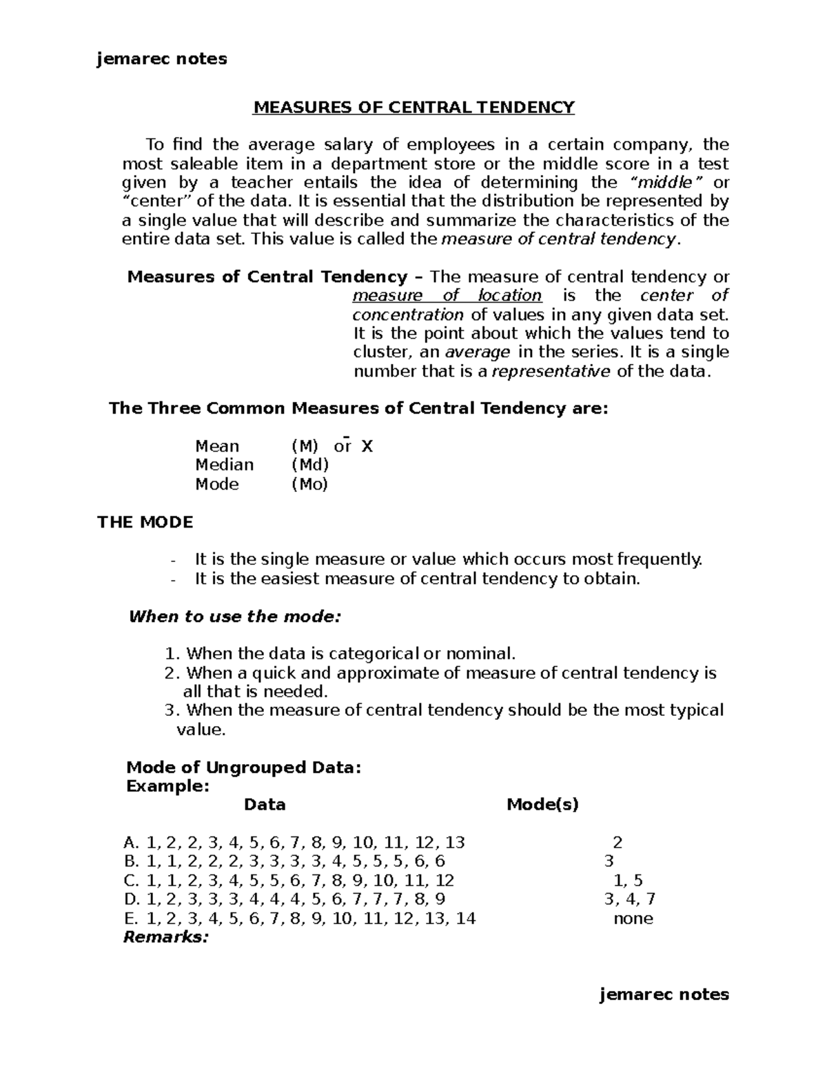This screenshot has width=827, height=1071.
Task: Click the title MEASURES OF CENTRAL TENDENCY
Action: (x=413, y=108)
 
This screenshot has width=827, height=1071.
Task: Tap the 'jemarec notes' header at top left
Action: (x=162, y=59)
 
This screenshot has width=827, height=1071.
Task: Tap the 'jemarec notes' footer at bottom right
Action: (x=664, y=994)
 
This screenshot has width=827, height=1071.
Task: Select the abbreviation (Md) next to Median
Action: (x=310, y=465)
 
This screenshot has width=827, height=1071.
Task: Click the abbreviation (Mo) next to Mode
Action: (x=309, y=484)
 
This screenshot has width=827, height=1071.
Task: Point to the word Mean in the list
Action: (x=217, y=446)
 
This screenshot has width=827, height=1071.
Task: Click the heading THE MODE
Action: (x=145, y=522)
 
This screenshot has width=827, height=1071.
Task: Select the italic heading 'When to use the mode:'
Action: (x=234, y=617)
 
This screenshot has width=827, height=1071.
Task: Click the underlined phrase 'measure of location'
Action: (x=447, y=296)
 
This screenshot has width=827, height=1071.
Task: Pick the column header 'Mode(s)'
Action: (x=542, y=804)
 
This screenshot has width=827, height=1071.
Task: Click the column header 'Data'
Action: (x=265, y=804)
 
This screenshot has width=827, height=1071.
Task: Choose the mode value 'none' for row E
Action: (x=633, y=919)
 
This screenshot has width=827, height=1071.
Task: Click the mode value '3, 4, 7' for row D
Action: (x=629, y=899)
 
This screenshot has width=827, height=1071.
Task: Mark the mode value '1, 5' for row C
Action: (x=628, y=881)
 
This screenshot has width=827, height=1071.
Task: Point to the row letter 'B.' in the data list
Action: (x=131, y=861)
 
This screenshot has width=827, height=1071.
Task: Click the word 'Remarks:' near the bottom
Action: (x=165, y=937)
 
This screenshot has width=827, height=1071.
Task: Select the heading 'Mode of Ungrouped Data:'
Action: (x=244, y=768)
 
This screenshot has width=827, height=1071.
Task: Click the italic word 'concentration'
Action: (x=408, y=315)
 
